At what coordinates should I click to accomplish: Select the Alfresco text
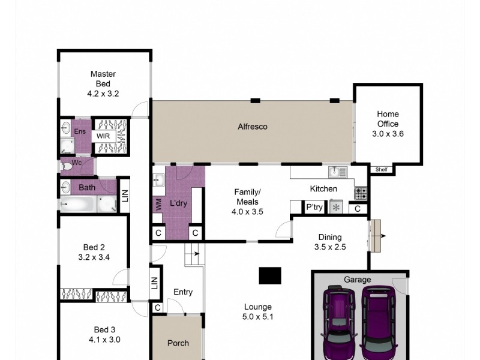click(x=252, y=127)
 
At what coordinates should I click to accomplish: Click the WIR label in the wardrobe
click(x=103, y=136)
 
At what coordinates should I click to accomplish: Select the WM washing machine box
click(x=158, y=205)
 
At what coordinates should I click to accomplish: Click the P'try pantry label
click(x=314, y=208)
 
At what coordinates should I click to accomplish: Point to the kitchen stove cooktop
click(x=361, y=193)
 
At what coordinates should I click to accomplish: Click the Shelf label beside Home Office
click(x=382, y=169)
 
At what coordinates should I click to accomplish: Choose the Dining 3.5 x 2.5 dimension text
click(x=330, y=247)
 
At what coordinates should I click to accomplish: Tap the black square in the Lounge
click(x=271, y=275)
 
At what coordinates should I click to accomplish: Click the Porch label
click(x=178, y=343)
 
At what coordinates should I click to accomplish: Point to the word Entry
click(x=183, y=292)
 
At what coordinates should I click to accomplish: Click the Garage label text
click(x=357, y=280)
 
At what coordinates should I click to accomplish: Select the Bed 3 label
click(x=104, y=329)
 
